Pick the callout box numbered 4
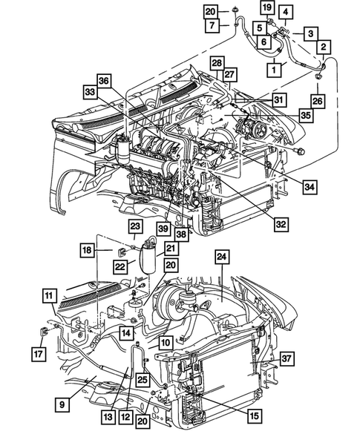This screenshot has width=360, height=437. (287, 12)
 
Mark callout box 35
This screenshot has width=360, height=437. (305, 116)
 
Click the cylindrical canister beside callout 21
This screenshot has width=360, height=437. (148, 257)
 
